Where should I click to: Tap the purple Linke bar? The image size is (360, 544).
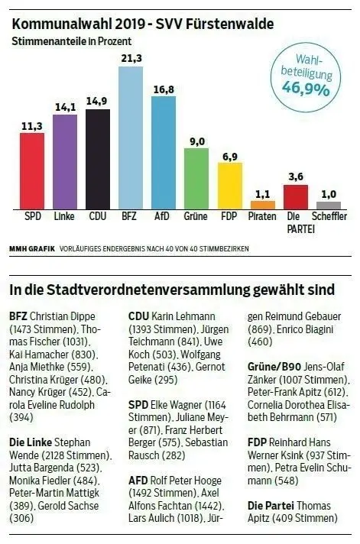pos(64,161)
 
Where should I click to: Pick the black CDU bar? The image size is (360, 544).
pos(98,159)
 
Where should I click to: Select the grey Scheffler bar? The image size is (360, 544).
pos(329,206)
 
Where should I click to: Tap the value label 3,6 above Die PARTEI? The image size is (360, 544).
pos(296,176)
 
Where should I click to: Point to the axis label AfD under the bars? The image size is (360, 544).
pos(163,217)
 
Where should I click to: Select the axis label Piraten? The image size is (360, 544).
pos(263,217)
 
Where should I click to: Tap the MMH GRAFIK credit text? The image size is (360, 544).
pos(29,249)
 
